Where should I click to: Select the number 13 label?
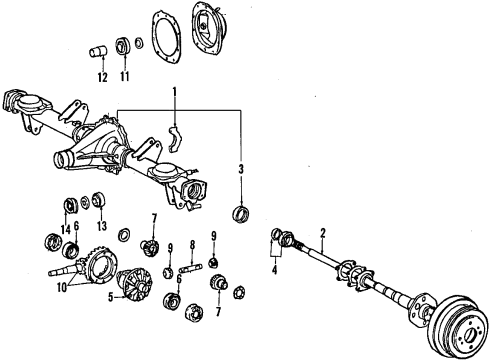[100, 228]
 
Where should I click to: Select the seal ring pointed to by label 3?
[240, 214]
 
